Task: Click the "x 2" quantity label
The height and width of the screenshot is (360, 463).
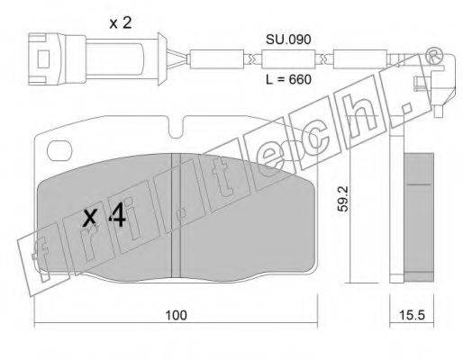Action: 121,23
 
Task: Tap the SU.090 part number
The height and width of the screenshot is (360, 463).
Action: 288,40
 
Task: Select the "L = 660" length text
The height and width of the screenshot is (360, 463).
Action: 288,79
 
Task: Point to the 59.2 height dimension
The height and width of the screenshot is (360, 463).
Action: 342,199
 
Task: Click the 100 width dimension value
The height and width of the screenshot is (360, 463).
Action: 177,315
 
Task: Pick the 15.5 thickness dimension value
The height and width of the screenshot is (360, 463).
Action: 412,315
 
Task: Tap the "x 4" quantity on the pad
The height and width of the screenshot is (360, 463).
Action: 104,217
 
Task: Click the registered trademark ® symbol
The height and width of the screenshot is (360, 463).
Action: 434,56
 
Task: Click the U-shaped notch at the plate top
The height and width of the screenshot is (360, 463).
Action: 175,128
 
